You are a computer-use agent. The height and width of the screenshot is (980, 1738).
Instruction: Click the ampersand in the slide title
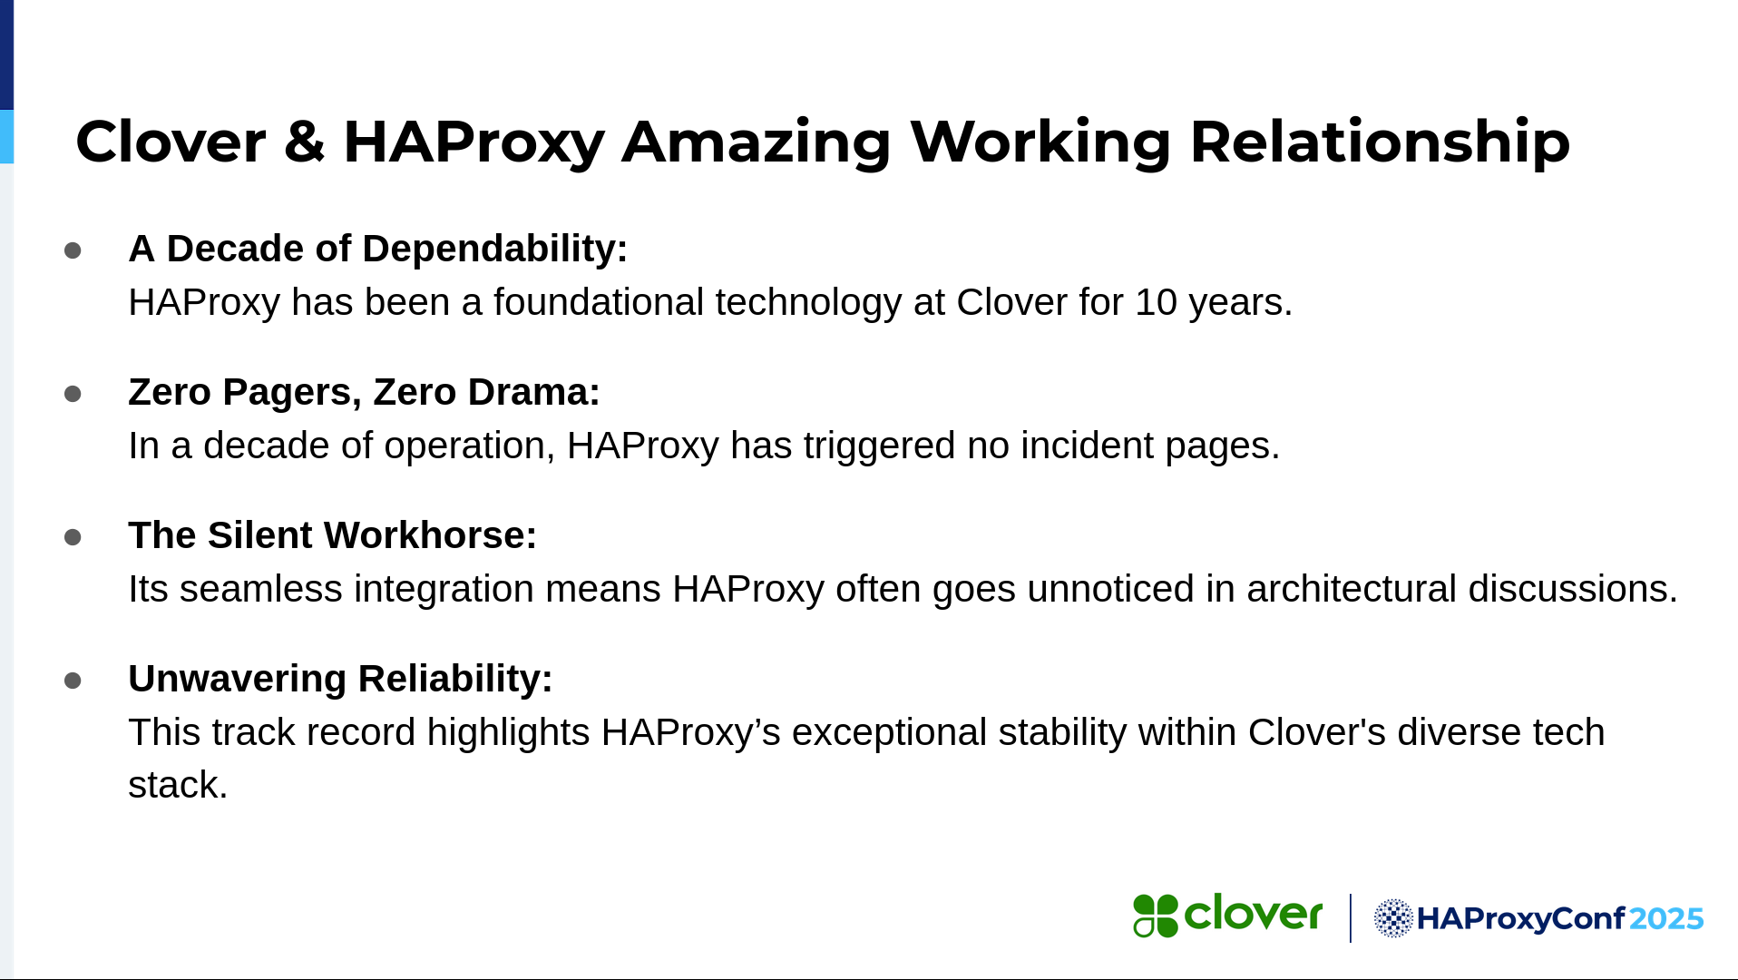point(304,142)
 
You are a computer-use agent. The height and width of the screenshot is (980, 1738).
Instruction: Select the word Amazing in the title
point(756,143)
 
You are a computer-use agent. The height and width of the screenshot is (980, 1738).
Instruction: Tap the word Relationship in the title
point(1380,143)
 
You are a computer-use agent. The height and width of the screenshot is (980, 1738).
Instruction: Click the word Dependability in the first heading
point(495,249)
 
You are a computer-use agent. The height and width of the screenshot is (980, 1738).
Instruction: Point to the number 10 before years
point(1156,302)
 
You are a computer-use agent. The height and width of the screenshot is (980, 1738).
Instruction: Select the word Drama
point(532,392)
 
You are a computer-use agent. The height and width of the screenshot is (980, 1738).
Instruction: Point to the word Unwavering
point(238,680)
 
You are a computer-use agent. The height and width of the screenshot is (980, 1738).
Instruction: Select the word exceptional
point(889,733)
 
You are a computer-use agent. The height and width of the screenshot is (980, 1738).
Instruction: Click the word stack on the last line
point(178,785)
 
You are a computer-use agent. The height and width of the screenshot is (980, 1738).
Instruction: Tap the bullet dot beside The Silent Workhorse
point(73,537)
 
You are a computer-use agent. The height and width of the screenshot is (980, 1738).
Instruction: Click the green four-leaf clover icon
point(1156,916)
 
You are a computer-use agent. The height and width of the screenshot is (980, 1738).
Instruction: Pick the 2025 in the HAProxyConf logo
point(1666,919)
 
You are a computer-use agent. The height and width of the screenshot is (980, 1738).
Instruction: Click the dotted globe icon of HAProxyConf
point(1393,918)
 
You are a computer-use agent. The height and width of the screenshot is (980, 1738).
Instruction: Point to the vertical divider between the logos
point(1351,918)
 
